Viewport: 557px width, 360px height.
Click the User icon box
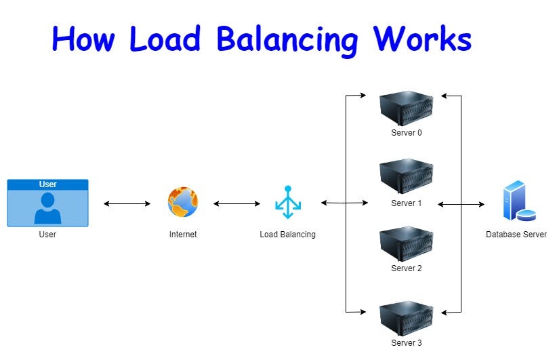pyautogui.click(x=47, y=203)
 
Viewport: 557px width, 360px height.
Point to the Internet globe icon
pyautogui.click(x=182, y=202)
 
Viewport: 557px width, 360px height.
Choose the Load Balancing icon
pyautogui.click(x=287, y=202)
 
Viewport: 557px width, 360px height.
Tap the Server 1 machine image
pyautogui.click(x=406, y=176)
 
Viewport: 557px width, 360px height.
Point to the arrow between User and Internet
pyautogui.click(x=127, y=203)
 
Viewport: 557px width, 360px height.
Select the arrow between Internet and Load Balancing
pyautogui.click(x=236, y=203)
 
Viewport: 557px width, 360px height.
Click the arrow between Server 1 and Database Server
pyautogui.click(x=461, y=203)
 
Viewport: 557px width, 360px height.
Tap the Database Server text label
pyautogui.click(x=516, y=235)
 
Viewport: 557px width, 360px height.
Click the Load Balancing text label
pyautogui.click(x=287, y=235)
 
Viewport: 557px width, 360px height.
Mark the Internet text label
pyautogui.click(x=182, y=235)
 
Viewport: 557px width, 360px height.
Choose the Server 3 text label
pyautogui.click(x=406, y=343)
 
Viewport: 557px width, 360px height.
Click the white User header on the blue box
pyautogui.click(x=47, y=184)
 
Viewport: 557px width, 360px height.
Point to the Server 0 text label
pyautogui.click(x=406, y=133)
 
